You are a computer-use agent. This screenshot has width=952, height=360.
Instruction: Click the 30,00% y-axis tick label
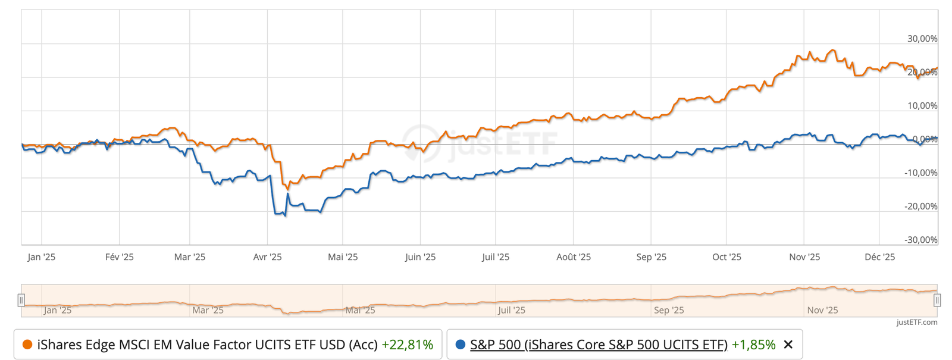[x=922, y=39]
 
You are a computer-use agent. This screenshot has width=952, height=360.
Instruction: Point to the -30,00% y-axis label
[x=920, y=240]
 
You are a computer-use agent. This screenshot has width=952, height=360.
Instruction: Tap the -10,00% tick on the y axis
[x=920, y=173]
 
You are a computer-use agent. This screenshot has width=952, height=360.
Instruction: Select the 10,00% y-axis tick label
[x=922, y=106]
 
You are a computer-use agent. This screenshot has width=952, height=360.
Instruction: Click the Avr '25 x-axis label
[x=267, y=257]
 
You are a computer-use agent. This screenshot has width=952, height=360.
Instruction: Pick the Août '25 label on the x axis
[x=574, y=257]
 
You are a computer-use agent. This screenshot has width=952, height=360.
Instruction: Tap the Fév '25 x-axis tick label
[x=119, y=257]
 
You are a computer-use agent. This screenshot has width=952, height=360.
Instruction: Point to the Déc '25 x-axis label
[x=879, y=257]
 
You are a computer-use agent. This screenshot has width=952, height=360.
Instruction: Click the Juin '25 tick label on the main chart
[x=420, y=257]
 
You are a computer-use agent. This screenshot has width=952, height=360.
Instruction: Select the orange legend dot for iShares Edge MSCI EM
[x=27, y=345]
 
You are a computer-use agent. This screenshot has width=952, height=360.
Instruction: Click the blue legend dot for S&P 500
[x=460, y=345]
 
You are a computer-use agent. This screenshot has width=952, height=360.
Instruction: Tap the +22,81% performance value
[x=407, y=345]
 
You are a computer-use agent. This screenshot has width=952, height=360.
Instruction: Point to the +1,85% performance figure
[x=753, y=345]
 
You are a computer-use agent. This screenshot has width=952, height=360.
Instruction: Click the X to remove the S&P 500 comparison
[x=788, y=345]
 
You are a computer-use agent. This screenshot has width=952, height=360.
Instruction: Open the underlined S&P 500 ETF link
[x=599, y=345]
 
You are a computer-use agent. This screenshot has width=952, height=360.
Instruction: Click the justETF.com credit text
[x=917, y=323]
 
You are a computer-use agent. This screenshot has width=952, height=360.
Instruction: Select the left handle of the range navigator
[x=21, y=300]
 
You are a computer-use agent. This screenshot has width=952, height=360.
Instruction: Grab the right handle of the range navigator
[x=937, y=300]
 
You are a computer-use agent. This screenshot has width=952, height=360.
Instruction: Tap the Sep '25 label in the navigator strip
[x=669, y=310]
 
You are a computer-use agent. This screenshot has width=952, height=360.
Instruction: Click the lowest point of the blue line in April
[x=286, y=215]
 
